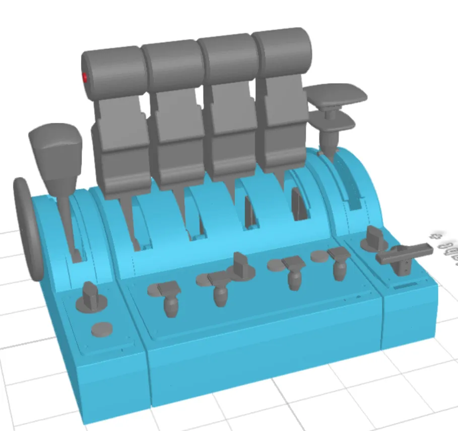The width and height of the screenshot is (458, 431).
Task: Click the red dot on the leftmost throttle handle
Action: [x=85, y=77]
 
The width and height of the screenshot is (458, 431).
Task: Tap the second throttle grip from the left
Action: [x=172, y=64]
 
